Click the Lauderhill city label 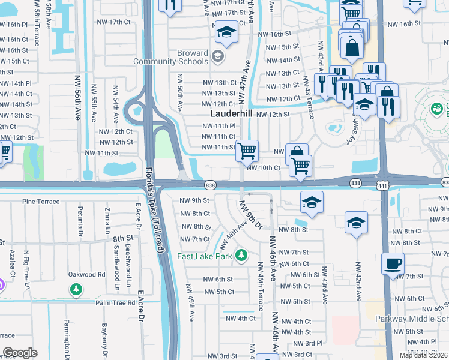(x=231, y=114)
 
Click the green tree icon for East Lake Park (x=241, y=256)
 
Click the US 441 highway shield (x=381, y=183)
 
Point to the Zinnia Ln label (x=107, y=221)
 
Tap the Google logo (x=20, y=353)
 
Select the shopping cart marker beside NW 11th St (x=247, y=150)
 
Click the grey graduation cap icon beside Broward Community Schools (x=217, y=58)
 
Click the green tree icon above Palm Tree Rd (x=76, y=290)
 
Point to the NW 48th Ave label (x=232, y=234)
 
